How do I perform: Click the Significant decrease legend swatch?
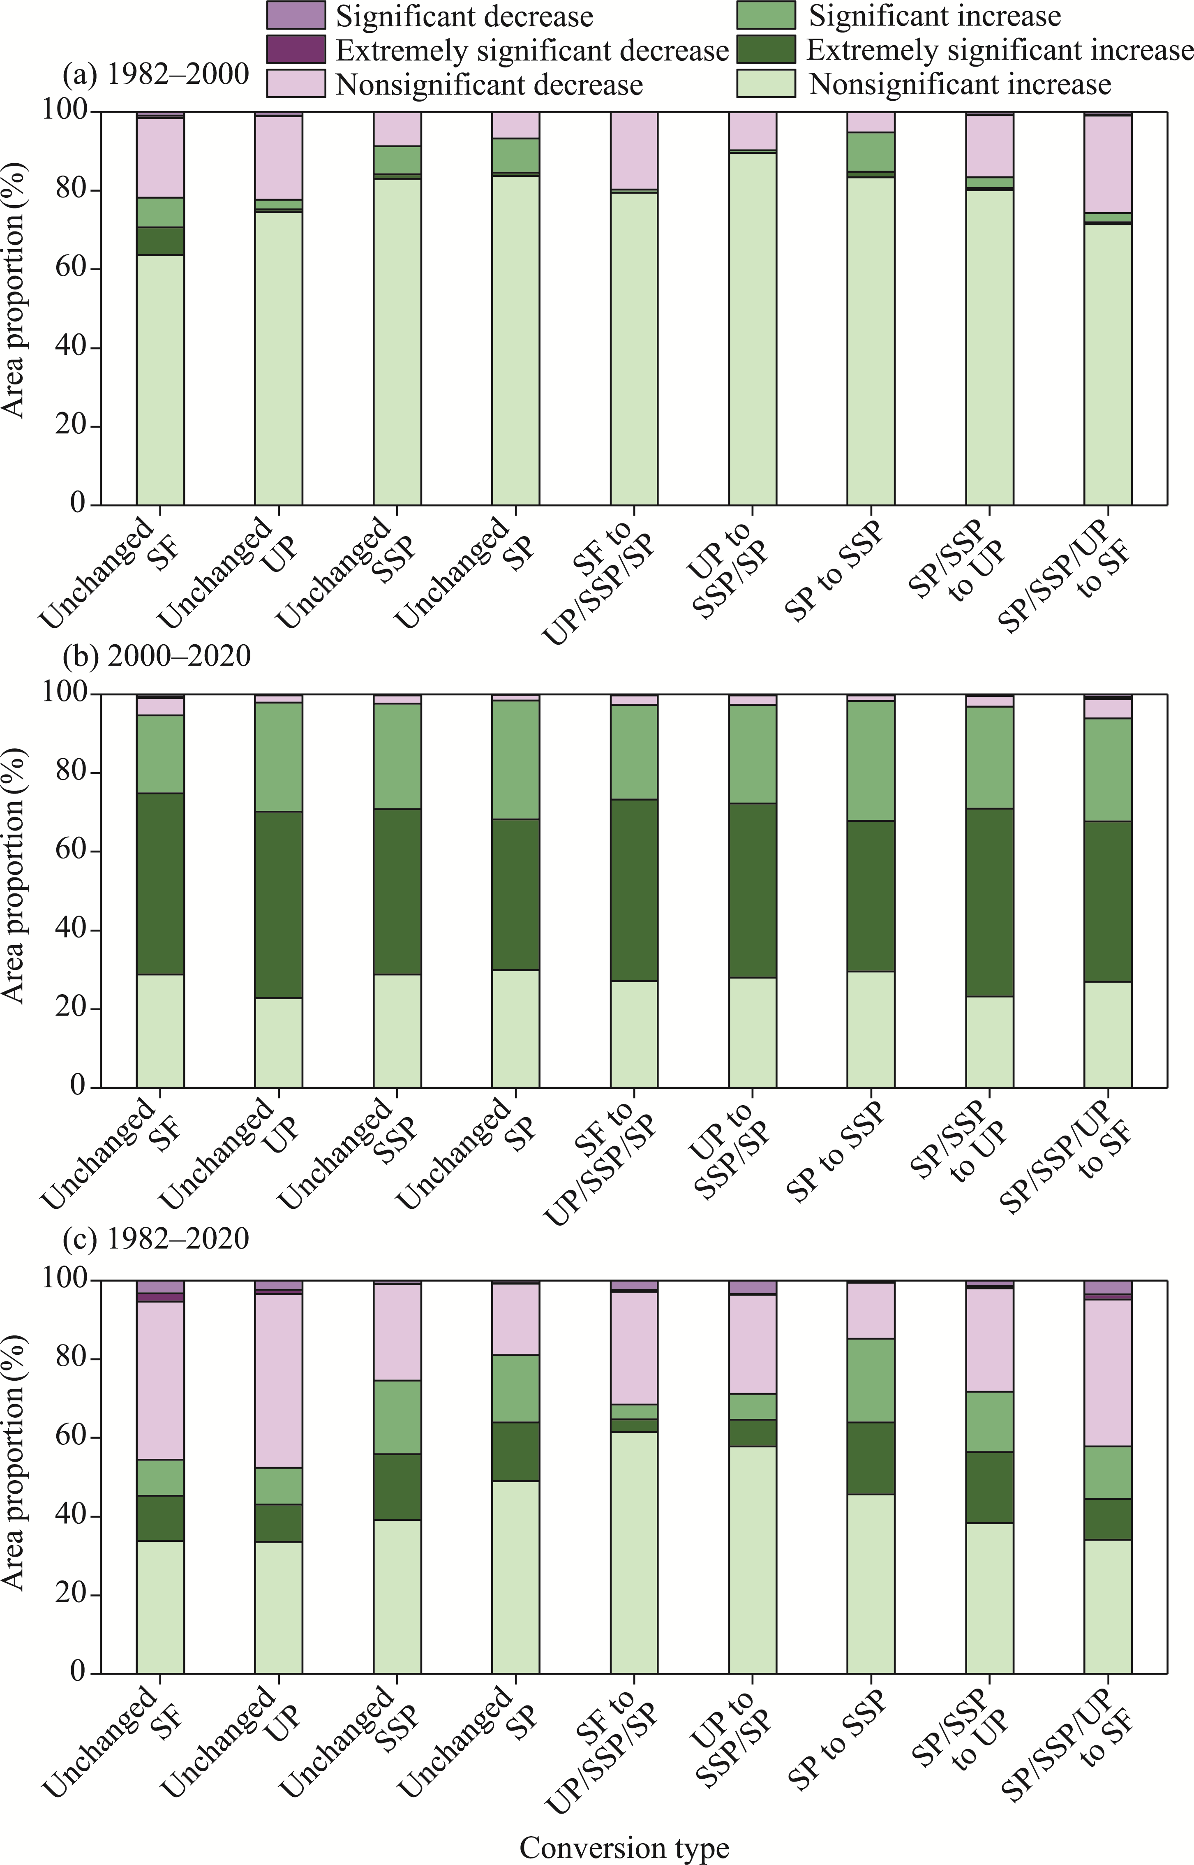(x=296, y=16)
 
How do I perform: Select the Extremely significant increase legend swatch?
(x=766, y=50)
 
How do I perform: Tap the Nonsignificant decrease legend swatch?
(x=296, y=83)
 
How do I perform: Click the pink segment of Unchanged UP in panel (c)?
(x=279, y=1380)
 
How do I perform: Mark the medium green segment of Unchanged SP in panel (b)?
(x=515, y=760)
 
